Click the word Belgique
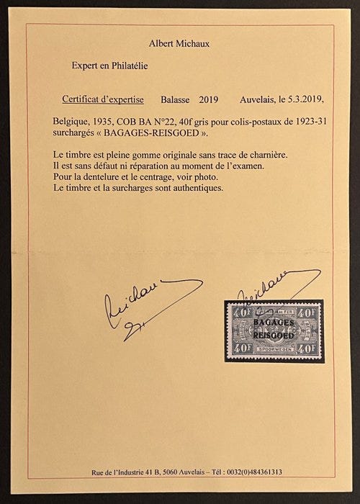pyautogui.click(x=72, y=123)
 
